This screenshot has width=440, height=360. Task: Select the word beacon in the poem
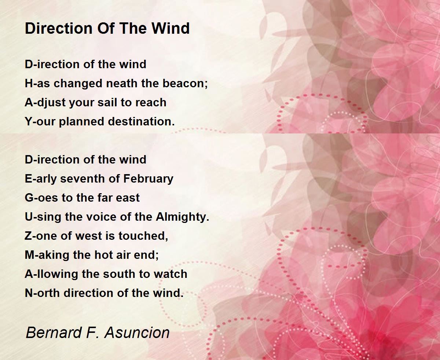pos(185,83)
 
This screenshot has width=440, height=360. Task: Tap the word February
pos(148,179)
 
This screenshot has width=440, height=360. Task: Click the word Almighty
pos(182,217)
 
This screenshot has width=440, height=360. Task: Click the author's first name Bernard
pos(54,332)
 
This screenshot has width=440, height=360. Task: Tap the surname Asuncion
pos(137,332)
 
